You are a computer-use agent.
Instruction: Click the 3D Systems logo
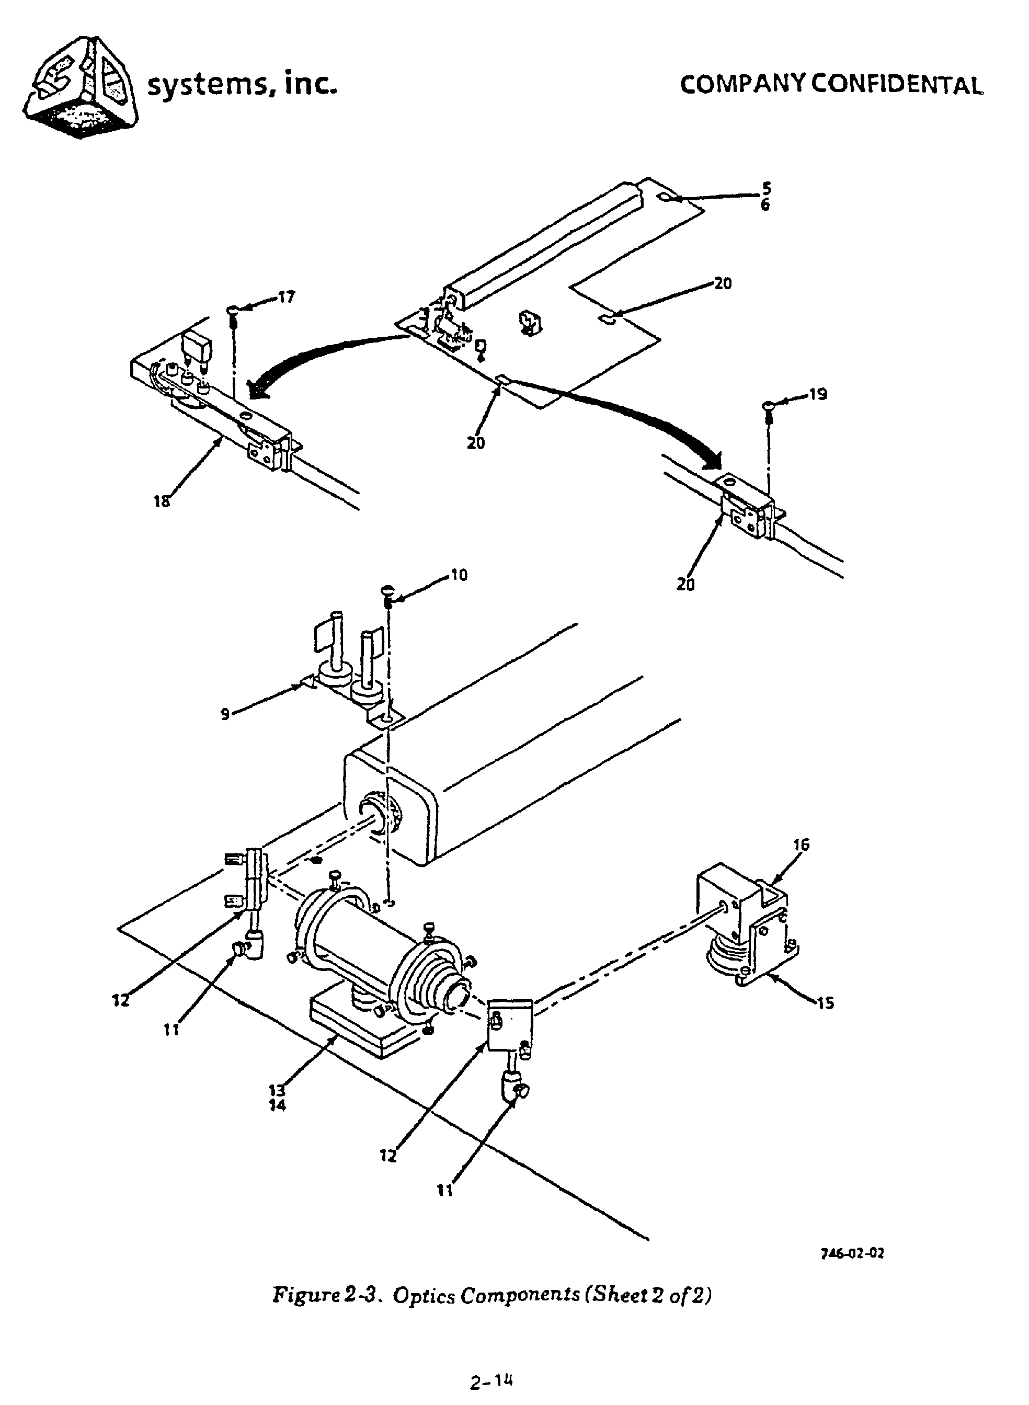(x=81, y=87)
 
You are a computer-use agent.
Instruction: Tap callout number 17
(x=286, y=297)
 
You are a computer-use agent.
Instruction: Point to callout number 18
(x=162, y=501)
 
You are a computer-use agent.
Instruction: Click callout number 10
(x=459, y=575)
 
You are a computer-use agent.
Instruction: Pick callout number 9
(x=225, y=714)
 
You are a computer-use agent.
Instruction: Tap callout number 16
(x=801, y=844)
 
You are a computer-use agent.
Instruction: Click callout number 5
(x=766, y=188)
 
